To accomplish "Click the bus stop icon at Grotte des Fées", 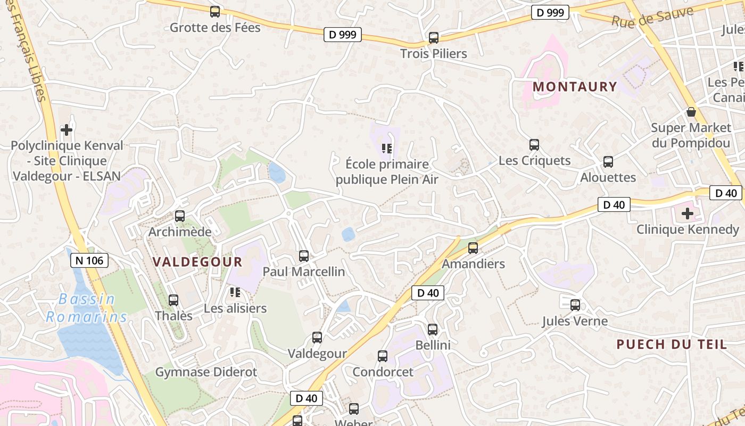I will pos(215,12).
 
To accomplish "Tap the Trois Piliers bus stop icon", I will pos(434,38).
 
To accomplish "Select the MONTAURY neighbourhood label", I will pos(575,87).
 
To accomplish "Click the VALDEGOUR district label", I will pos(197,262).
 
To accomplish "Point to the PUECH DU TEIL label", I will pos(672,345).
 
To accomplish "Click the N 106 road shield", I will pos(89,260).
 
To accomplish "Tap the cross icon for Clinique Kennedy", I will pos(688,214).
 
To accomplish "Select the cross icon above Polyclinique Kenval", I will pos(67,130).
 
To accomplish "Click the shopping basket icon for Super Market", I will pos(691,112).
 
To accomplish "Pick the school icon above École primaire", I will pos(387,148).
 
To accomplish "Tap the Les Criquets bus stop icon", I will pos(534,145).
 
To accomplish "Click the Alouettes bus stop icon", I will pos(608,162).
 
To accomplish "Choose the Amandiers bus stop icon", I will pos(473,248).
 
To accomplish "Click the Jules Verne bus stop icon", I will pos(575,305).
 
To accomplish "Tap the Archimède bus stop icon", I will pos(180,216).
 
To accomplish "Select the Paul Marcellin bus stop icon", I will pos(304,256).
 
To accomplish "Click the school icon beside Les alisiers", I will pos(235,292).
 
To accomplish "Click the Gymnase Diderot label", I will pos(206,372).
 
